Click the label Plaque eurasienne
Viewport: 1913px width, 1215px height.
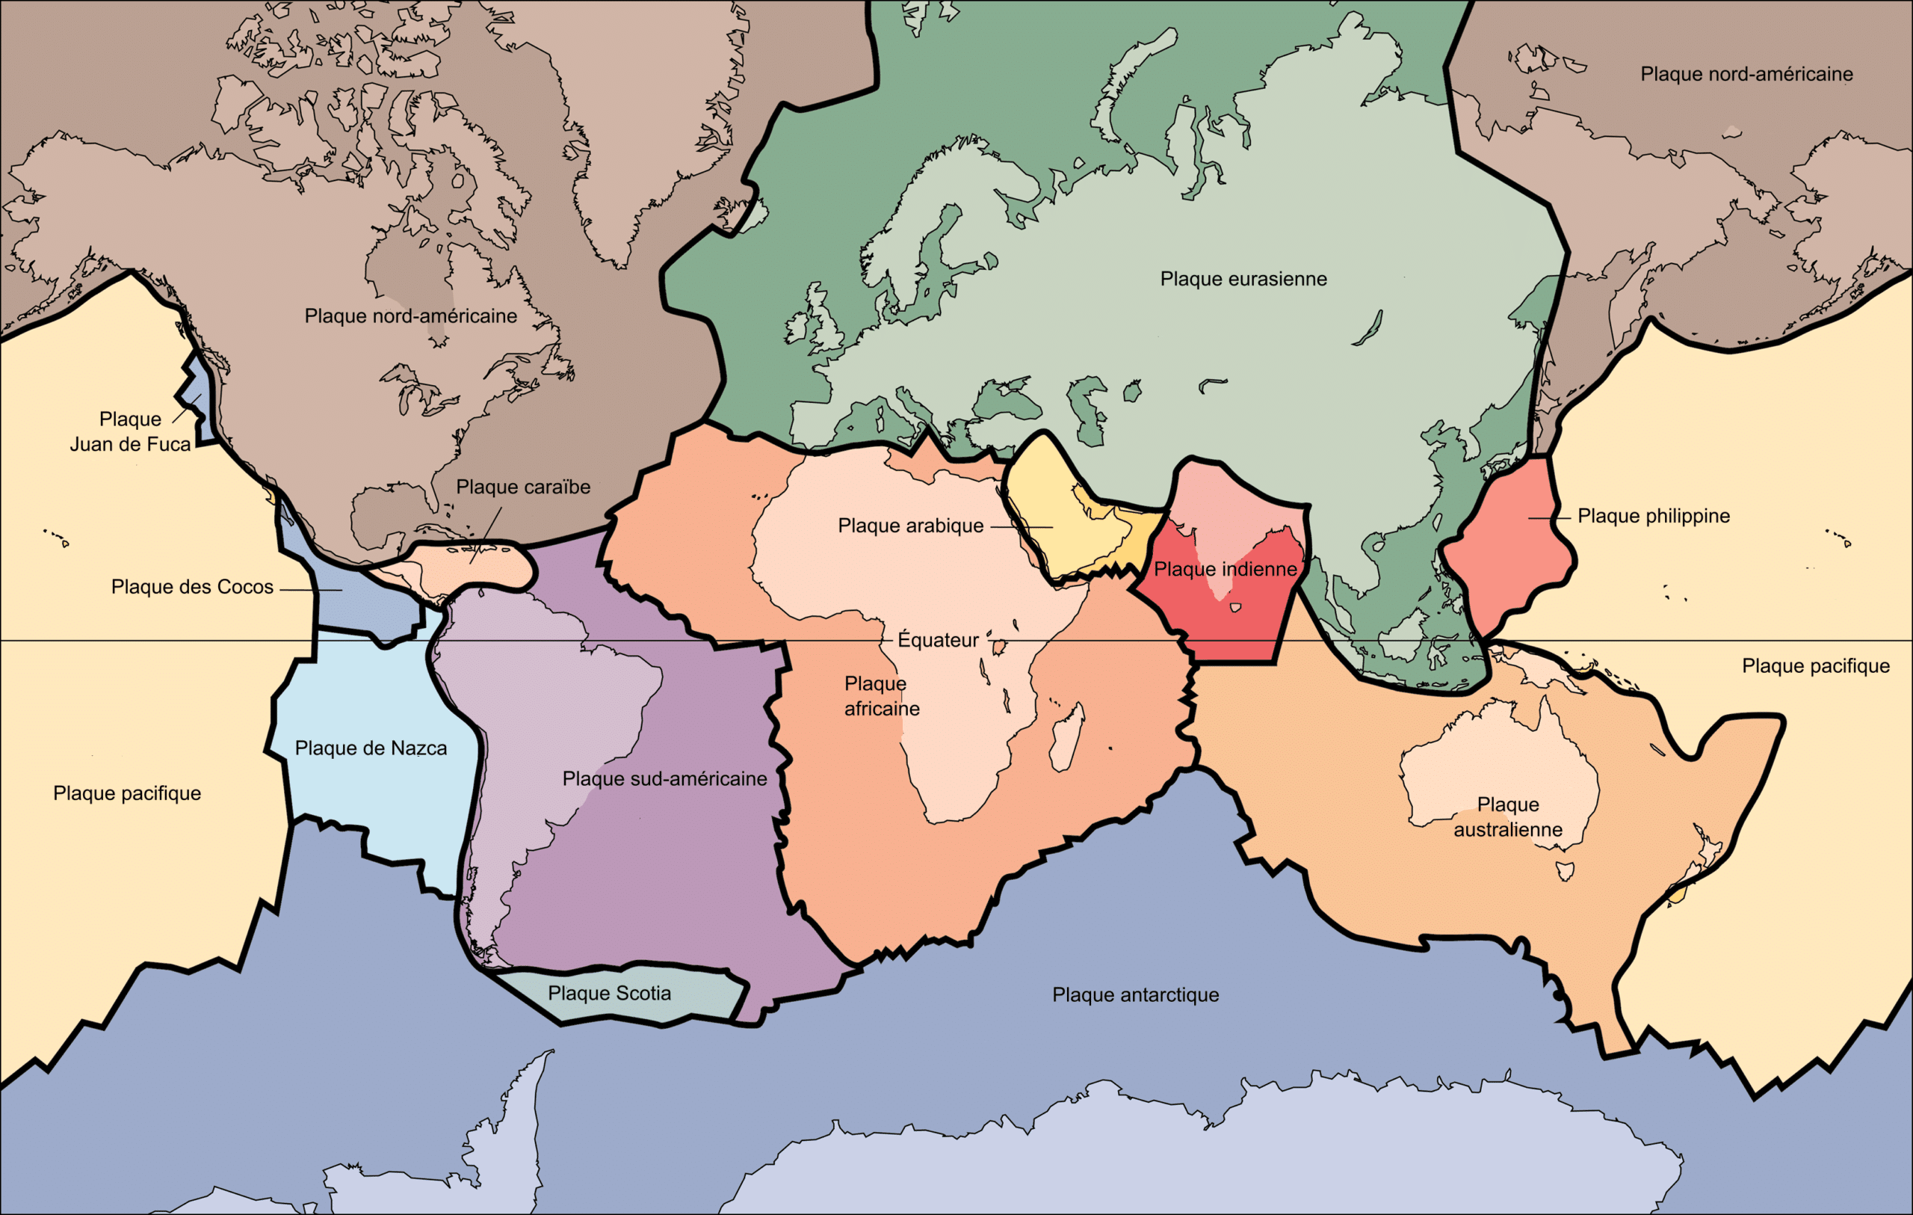[1243, 279]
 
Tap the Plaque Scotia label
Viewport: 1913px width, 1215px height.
[609, 993]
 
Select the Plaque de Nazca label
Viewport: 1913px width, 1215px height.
[371, 748]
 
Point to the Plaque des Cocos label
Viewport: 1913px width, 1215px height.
[192, 587]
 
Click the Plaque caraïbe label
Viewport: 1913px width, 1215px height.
[523, 487]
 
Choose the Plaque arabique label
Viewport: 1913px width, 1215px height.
[910, 526]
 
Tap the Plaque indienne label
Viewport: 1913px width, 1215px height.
[1225, 570]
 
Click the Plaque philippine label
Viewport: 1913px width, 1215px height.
[1653, 517]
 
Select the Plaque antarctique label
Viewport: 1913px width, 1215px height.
[1135, 995]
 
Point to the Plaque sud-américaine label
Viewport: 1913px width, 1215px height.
[664, 779]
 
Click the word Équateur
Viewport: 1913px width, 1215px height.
[939, 641]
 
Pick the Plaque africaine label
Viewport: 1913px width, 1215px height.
[881, 696]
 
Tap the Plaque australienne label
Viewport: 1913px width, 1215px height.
[1508, 817]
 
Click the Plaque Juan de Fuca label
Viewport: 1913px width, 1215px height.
[130, 431]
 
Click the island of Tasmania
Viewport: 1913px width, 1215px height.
[1566, 871]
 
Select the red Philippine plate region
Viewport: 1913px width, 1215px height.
[1506, 548]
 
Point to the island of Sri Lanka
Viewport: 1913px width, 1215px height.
[1235, 608]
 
